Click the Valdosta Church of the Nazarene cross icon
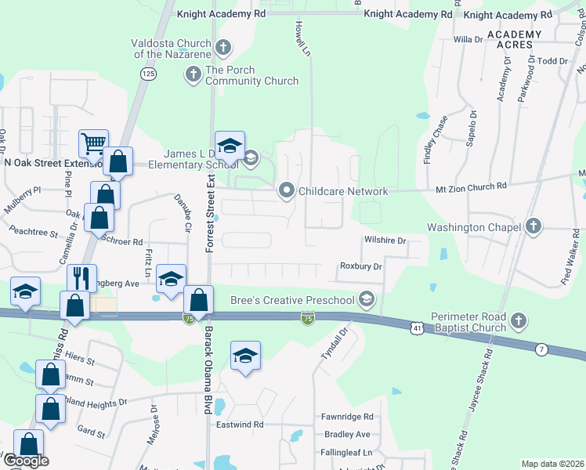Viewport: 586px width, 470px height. (222, 47)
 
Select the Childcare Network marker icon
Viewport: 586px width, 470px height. (287, 190)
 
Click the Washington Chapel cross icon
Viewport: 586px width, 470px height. (534, 227)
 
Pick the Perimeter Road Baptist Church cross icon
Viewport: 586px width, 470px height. (519, 320)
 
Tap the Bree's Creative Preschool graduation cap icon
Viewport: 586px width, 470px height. (366, 298)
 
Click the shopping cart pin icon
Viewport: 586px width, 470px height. (93, 143)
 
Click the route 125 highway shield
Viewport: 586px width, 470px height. (148, 73)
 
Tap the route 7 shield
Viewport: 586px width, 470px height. (541, 349)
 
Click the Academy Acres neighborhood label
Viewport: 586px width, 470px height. (513, 40)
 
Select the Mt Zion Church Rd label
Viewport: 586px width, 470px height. (471, 186)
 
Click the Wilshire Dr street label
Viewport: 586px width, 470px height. (385, 241)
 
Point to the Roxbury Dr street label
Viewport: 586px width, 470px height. (360, 266)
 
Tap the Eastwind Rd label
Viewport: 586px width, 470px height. (240, 425)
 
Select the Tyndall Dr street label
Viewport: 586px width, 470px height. (332, 345)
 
